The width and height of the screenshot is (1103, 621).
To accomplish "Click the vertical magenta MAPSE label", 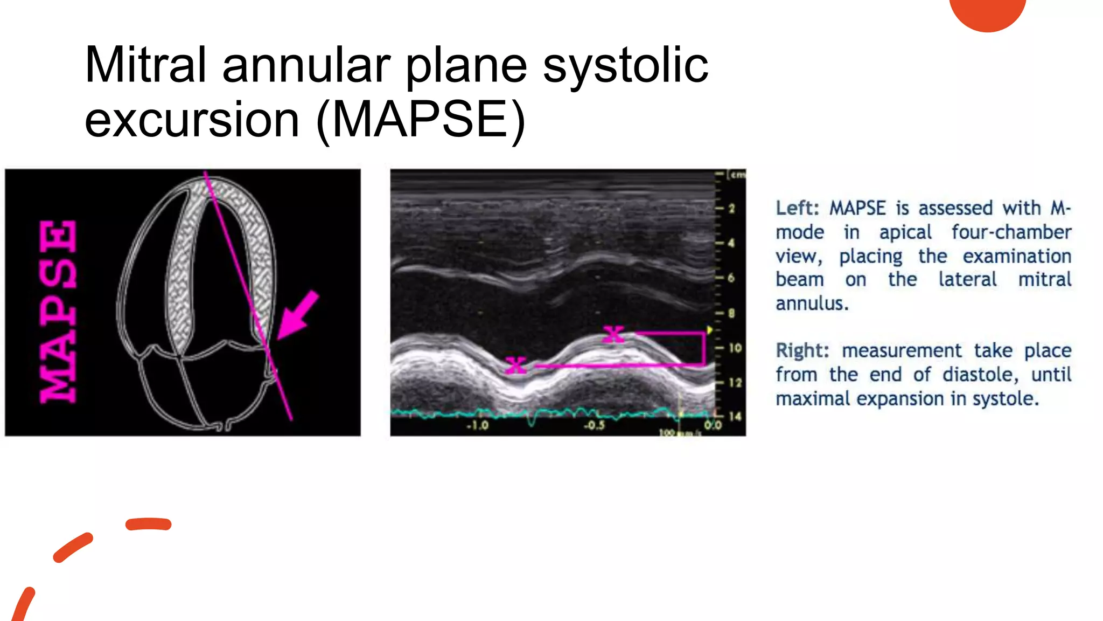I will tap(58, 312).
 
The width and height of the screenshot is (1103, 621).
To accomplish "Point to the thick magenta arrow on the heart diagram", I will tap(297, 315).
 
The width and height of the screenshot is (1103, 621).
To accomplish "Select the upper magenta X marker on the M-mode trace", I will tap(613, 334).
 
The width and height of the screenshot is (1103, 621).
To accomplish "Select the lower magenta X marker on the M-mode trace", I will tap(516, 365).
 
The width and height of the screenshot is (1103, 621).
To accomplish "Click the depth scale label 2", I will tap(732, 209).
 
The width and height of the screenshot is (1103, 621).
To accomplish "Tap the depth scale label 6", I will tap(731, 278).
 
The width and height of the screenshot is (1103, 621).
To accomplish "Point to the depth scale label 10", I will tap(735, 348).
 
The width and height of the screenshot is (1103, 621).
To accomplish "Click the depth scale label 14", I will tap(735, 416).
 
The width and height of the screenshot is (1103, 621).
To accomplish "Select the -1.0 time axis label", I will tap(477, 425).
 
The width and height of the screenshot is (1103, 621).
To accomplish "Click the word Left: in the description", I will tap(797, 208).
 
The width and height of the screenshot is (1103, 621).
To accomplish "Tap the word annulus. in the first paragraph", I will tap(812, 303).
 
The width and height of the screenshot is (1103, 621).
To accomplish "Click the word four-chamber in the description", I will tap(1011, 232).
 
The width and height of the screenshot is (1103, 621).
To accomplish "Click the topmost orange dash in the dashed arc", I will tap(149, 524).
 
